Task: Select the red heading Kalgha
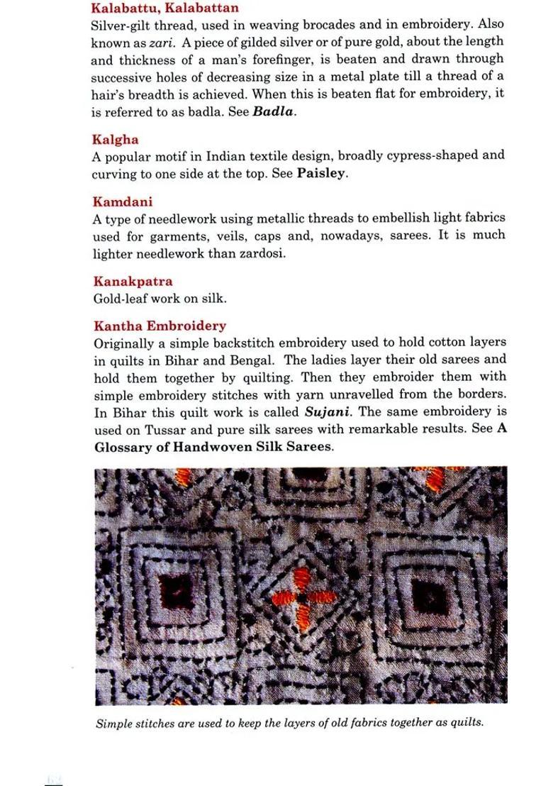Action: coord(115,139)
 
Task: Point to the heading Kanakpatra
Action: coord(133,282)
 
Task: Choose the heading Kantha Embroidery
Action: coord(160,326)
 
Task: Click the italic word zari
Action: coord(157,41)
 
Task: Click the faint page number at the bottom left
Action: coord(54,779)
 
